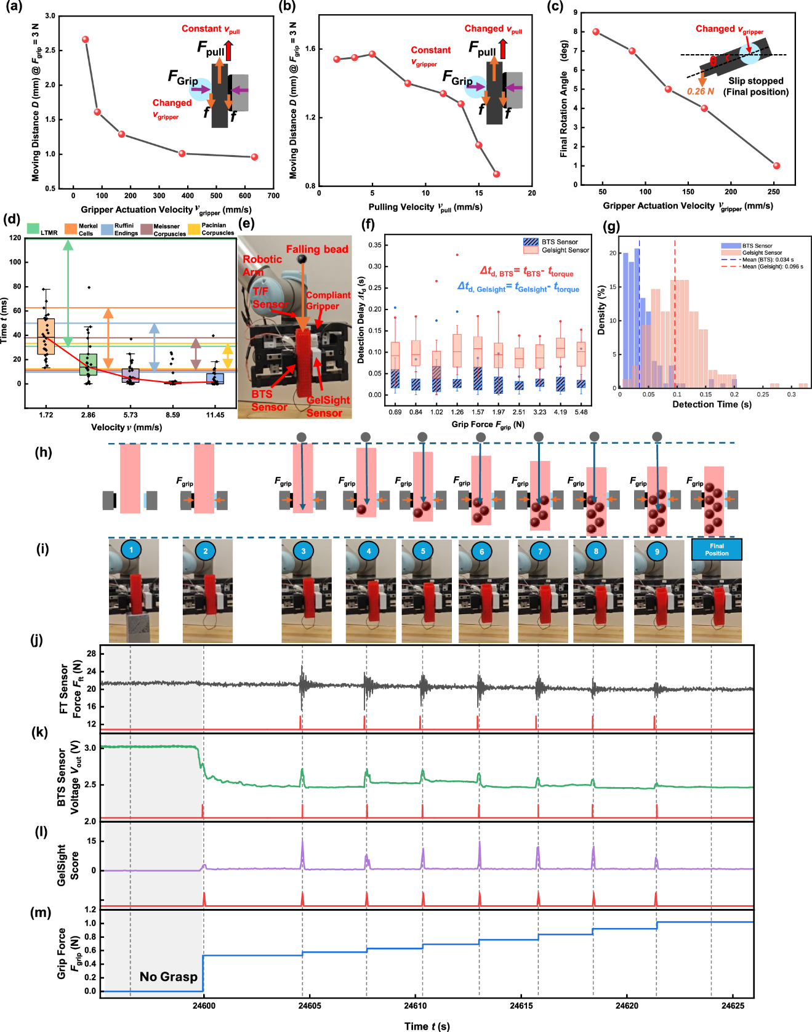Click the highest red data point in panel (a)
86,39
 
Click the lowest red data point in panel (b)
496,174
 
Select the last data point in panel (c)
776,166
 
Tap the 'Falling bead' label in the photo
316,249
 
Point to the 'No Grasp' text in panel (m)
168,977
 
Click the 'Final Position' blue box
717,550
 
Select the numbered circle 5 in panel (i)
423,551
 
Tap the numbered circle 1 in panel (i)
131,550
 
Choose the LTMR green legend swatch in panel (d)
33,229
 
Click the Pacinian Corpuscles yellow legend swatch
194,229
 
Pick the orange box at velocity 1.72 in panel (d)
46,336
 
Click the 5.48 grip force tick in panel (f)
581,412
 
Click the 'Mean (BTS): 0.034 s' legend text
767,260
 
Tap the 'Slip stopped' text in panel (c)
755,81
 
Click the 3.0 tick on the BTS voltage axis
90,748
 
